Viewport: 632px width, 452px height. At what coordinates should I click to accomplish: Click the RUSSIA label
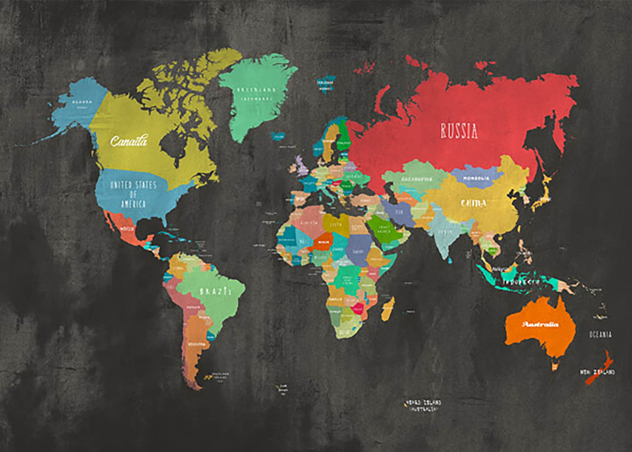[x=459, y=131]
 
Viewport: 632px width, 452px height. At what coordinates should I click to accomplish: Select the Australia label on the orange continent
[x=540, y=324]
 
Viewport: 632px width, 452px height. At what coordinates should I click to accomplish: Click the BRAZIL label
[x=216, y=291]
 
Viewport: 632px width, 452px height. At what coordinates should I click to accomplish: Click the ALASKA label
[x=82, y=102]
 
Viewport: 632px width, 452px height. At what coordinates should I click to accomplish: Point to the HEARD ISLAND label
[x=422, y=403]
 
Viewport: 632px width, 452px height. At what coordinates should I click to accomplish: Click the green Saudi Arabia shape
[x=382, y=229]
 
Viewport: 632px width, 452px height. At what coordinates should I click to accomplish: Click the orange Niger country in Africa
[x=323, y=242]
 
